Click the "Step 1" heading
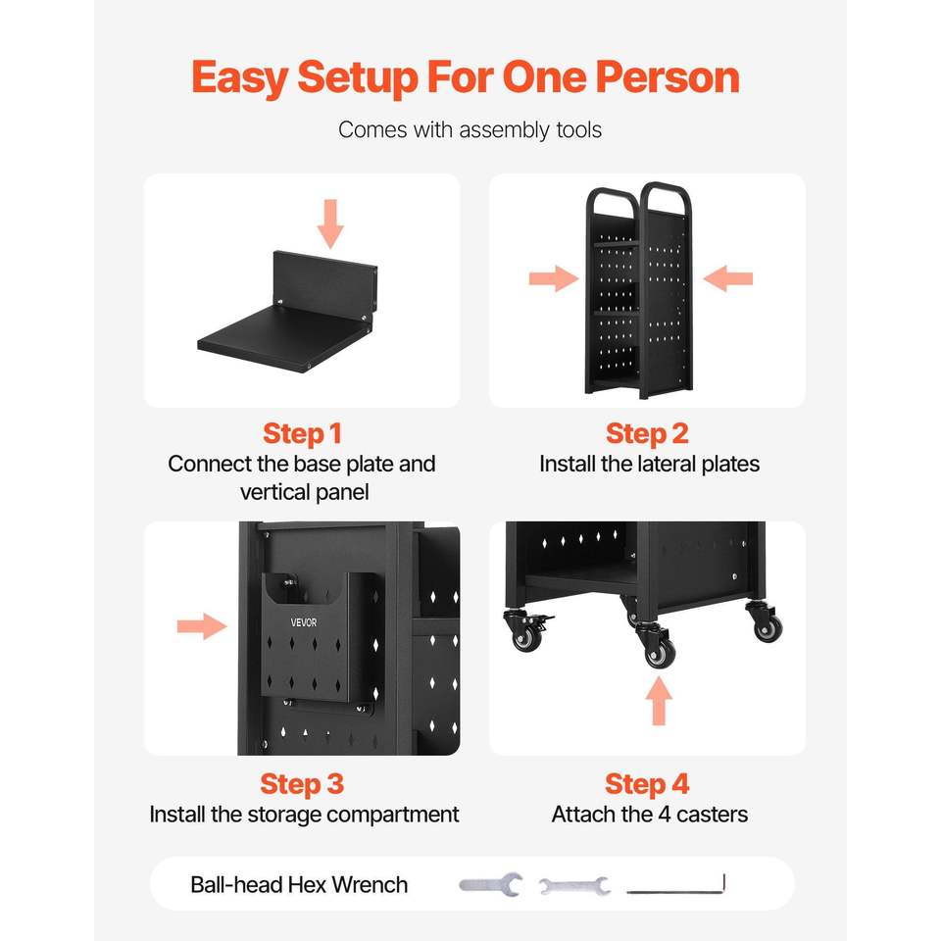tap(302, 434)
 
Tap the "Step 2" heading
tap(647, 434)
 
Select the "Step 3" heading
tap(302, 784)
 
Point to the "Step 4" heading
tap(647, 784)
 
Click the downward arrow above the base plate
tap(330, 223)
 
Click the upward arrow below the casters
tap(659, 700)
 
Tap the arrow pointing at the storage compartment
tap(202, 626)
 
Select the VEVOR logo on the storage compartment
tap(304, 622)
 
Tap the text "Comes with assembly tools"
tap(470, 129)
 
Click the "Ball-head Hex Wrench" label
tap(299, 884)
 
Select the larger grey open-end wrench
tap(491, 884)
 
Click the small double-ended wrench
tap(574, 885)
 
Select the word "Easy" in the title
tap(240, 78)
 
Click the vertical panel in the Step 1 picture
tap(324, 281)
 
